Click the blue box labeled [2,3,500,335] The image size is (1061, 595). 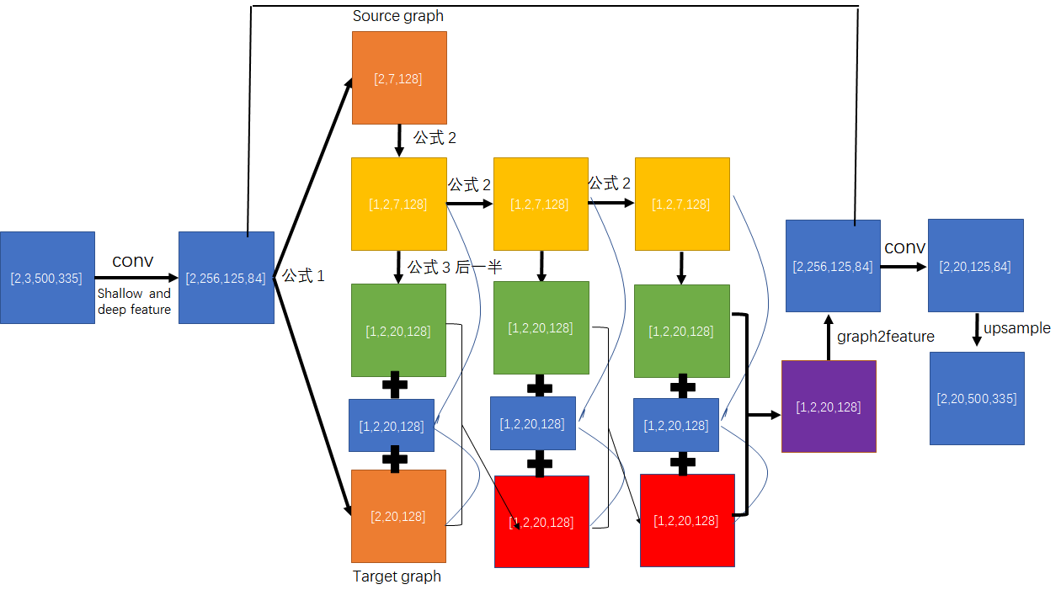point(47,278)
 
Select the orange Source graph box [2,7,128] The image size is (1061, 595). point(398,77)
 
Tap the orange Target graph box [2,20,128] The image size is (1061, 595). point(398,516)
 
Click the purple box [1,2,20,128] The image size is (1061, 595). point(829,406)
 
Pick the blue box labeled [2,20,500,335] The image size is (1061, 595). point(977,398)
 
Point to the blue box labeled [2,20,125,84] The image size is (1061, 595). point(975,266)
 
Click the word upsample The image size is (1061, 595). point(1017,328)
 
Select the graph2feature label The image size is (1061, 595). point(886,337)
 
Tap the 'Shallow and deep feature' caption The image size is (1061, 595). point(134,301)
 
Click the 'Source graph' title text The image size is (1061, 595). point(397,16)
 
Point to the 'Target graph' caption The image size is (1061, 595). point(397,576)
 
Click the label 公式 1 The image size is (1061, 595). point(303,276)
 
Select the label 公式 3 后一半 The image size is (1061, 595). point(455,267)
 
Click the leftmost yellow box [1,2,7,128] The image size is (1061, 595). point(398,204)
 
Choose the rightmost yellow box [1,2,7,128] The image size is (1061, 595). point(681,204)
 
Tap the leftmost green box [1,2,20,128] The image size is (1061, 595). point(398,330)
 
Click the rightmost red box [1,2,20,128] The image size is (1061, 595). point(687,520)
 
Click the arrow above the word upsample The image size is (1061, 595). point(977,329)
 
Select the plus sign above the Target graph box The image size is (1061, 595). point(395,459)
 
